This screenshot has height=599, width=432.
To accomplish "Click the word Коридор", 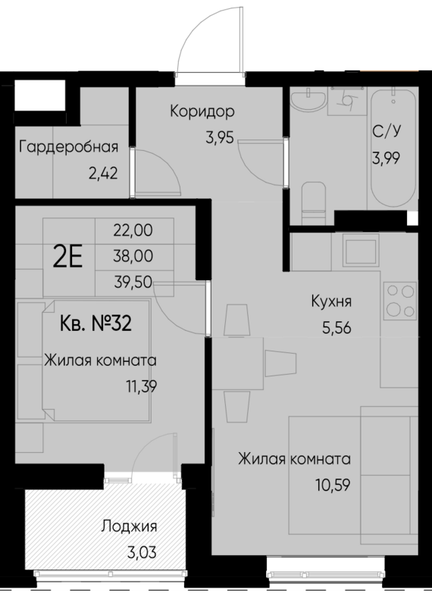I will click(x=202, y=111).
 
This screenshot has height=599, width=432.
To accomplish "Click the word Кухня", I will click(x=330, y=303).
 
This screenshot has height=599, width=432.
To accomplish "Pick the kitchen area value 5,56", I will click(x=330, y=327).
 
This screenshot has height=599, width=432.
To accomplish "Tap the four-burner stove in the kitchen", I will click(x=400, y=300).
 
